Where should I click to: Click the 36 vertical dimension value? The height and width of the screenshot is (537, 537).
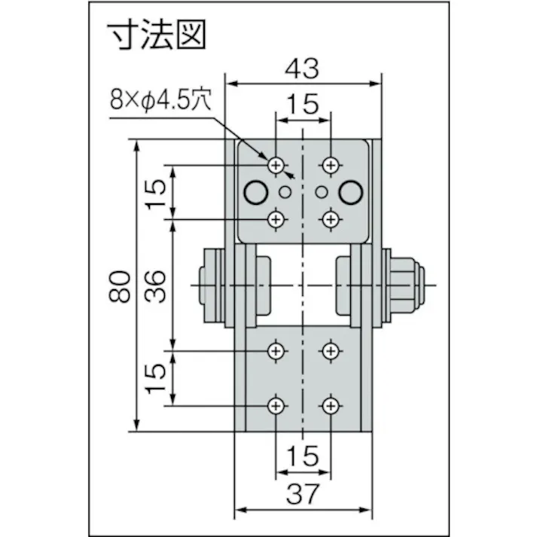click(155, 285)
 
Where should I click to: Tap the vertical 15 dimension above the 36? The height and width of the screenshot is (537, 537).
click(155, 194)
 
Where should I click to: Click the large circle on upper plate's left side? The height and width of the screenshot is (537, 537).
click(255, 193)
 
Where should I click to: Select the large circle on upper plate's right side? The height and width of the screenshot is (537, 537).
click(350, 193)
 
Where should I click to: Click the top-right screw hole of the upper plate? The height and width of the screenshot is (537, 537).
click(330, 165)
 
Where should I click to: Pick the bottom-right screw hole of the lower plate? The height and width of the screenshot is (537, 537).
click(330, 406)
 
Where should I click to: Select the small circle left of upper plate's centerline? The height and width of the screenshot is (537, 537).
click(285, 191)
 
